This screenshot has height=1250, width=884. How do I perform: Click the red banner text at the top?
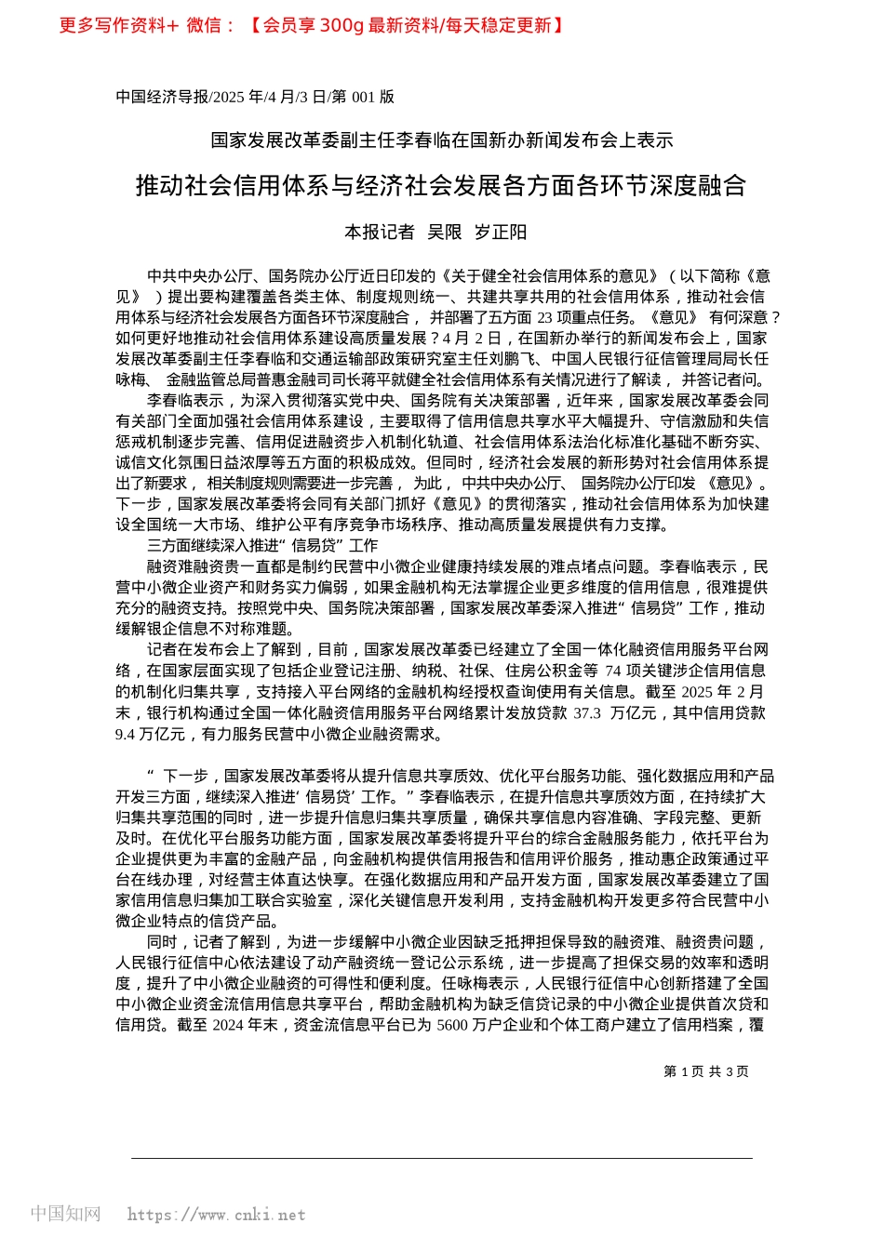click(312, 25)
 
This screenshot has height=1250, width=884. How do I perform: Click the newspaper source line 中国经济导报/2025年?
click(254, 97)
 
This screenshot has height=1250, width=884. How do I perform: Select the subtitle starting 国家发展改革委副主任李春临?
click(441, 140)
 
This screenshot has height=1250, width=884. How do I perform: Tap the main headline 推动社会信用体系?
click(441, 186)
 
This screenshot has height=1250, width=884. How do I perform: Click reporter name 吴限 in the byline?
click(444, 233)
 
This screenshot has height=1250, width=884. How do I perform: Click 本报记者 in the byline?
click(380, 233)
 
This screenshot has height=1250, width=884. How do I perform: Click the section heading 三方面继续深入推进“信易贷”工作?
click(262, 546)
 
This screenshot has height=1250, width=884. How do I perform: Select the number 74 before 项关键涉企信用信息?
click(612, 671)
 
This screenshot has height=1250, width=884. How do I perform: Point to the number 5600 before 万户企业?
click(452, 1025)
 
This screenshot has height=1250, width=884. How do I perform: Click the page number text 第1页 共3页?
click(705, 1071)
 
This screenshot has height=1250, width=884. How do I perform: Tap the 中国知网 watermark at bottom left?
click(65, 1214)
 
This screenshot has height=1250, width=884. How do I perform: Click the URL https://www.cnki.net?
click(216, 1215)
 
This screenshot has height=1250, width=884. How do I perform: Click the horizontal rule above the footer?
click(441, 1158)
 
